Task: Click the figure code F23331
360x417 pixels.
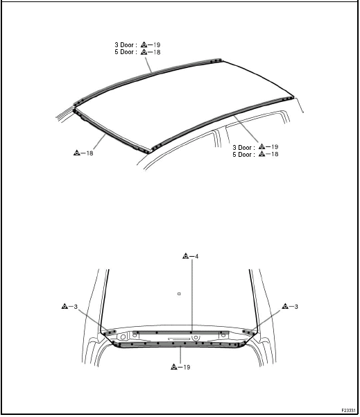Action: click(348, 410)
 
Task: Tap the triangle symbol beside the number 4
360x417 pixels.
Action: click(186, 256)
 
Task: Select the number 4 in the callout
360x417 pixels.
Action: click(196, 256)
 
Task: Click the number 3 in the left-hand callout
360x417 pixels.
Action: click(76, 307)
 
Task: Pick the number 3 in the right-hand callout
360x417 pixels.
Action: click(296, 307)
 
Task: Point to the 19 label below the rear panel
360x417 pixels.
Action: click(187, 367)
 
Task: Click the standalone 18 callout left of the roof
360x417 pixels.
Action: click(89, 153)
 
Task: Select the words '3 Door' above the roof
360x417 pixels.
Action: click(124, 44)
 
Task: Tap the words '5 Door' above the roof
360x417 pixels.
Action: click(124, 52)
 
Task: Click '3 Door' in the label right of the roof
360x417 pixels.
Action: click(242, 147)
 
